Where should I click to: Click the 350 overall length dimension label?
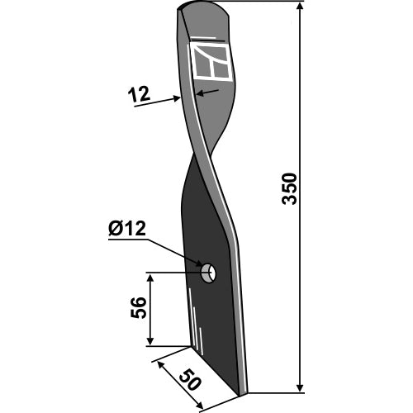click(x=290, y=188)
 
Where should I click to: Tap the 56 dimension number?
click(x=138, y=307)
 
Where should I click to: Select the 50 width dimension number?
click(x=190, y=380)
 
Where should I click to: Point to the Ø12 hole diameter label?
click(x=127, y=229)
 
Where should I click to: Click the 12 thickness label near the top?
click(x=139, y=94)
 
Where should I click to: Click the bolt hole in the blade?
click(x=209, y=273)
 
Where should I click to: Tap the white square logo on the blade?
click(x=211, y=62)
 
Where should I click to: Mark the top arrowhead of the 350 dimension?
click(x=300, y=7)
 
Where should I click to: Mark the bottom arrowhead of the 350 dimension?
click(x=300, y=387)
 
